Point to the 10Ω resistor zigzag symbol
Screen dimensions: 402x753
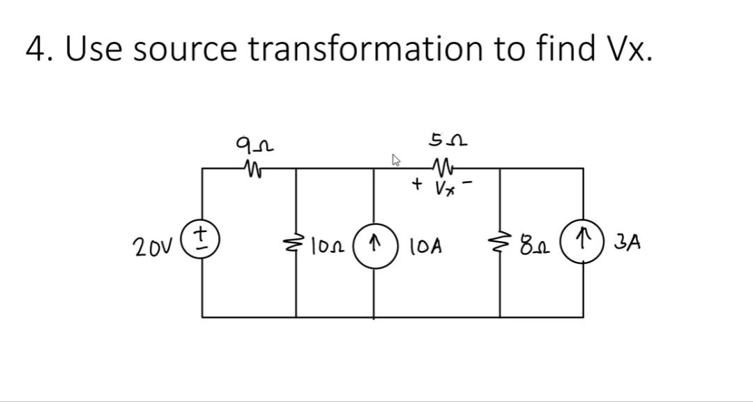pyautogui.click(x=296, y=245)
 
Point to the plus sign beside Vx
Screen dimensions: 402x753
pyautogui.click(x=417, y=185)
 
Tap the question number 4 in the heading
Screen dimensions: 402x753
pyautogui.click(x=35, y=49)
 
